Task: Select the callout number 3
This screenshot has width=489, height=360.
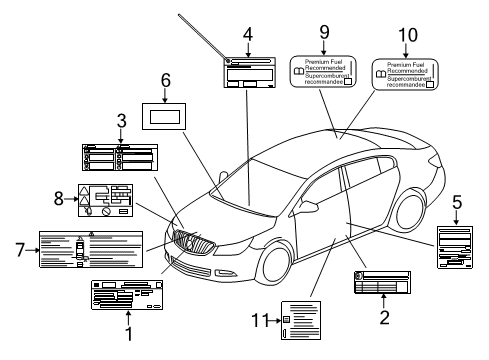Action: [x=121, y=122]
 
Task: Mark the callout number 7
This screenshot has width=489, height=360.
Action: [x=17, y=250]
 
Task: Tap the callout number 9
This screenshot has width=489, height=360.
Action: [x=323, y=32]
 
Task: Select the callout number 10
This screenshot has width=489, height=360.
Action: [x=404, y=34]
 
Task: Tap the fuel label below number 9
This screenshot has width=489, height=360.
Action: [x=323, y=71]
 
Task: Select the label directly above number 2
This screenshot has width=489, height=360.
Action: [x=382, y=282]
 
